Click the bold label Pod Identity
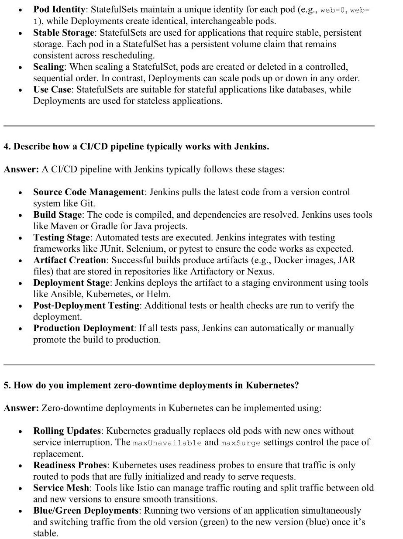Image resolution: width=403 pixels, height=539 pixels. (60, 10)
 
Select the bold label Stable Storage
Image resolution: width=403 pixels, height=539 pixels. (63, 33)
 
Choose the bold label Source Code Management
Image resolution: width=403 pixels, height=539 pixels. (89, 192)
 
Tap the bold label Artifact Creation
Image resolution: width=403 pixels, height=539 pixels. (69, 260)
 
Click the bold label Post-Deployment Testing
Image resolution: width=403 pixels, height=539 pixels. (86, 306)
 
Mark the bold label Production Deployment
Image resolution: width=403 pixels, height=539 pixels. (83, 328)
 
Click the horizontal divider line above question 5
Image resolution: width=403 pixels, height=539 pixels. (189, 364)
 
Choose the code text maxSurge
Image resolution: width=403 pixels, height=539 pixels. (241, 443)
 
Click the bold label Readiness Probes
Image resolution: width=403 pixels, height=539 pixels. (69, 465)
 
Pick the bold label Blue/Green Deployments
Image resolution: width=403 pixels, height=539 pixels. (86, 511)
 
